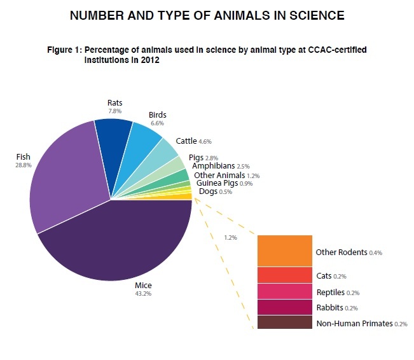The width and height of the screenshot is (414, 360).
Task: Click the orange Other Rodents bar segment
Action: tap(284, 251)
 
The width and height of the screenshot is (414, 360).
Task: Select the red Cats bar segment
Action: tap(284, 275)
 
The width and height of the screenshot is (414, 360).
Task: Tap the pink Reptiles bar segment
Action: tap(284, 291)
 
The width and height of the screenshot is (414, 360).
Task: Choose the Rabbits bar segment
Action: tap(284, 307)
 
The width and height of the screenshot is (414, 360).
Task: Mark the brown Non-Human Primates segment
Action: tap(284, 322)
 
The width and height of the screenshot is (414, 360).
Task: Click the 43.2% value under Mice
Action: tap(143, 293)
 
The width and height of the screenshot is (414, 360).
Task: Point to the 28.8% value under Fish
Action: tap(24, 164)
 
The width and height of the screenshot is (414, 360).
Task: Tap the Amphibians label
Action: tap(214, 166)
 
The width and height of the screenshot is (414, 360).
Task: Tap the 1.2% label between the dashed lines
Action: tap(230, 237)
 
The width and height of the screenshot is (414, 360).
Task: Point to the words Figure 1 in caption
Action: tap(65, 49)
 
